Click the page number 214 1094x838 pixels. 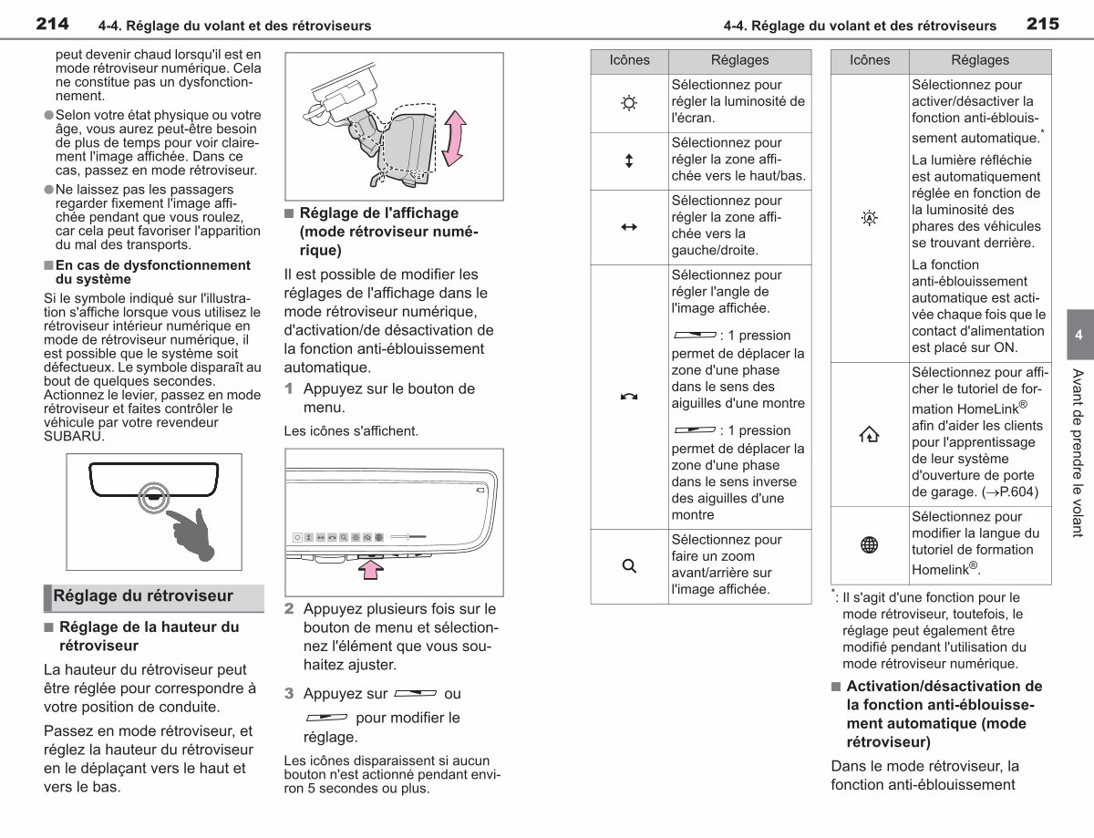52,24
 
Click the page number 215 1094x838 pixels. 1043,24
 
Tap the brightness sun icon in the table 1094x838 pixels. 629,103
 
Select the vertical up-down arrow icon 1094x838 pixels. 629,161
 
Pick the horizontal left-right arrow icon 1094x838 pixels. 629,227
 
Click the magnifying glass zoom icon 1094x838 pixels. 629,566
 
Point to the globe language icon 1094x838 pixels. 870,544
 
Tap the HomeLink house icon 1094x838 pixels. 870,434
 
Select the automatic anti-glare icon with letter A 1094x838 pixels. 870,218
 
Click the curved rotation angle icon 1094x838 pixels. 629,397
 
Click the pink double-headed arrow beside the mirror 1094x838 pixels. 454,138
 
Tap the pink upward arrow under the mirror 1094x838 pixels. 371,570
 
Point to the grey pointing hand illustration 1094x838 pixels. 191,534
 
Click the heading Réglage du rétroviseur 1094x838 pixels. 143,596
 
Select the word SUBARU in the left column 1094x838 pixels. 74,437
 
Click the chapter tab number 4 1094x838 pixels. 1079,335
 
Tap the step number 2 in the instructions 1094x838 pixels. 289,609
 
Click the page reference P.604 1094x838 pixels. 1016,491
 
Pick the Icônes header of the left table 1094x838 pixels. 629,60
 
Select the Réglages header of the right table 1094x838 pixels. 980,60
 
